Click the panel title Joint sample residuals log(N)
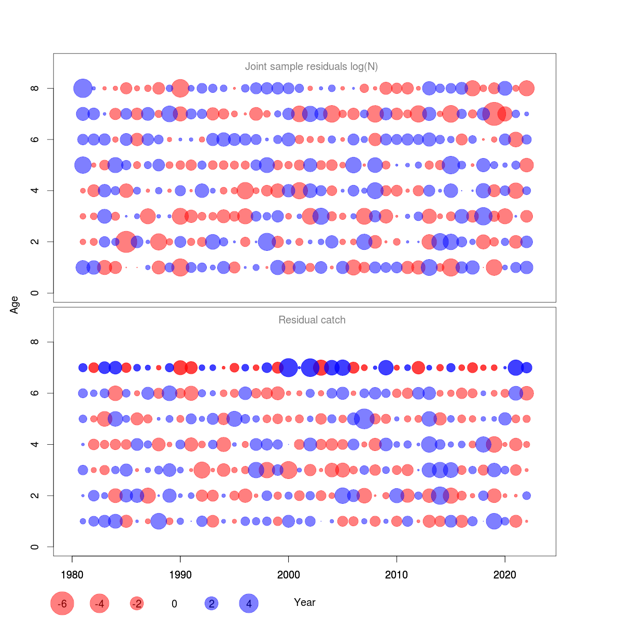[x=311, y=66]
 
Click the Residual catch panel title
[x=312, y=320]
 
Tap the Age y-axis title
[x=15, y=304]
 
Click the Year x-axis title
[x=304, y=602]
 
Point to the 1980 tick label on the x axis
[x=72, y=575]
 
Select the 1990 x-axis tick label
[x=180, y=575]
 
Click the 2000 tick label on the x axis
[x=289, y=575]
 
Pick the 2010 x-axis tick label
[x=397, y=575]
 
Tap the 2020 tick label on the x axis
[x=505, y=575]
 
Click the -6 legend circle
[x=62, y=603]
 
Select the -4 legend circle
[x=100, y=603]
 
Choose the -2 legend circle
[x=137, y=603]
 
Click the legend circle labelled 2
[x=211, y=603]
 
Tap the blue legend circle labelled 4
[x=249, y=603]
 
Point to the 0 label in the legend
[x=174, y=604]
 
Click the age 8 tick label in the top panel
[x=35, y=88]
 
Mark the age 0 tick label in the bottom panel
[x=35, y=547]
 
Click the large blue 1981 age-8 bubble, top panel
[x=83, y=88]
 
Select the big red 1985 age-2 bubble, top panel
[x=126, y=242]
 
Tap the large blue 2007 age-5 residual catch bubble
[x=364, y=418]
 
